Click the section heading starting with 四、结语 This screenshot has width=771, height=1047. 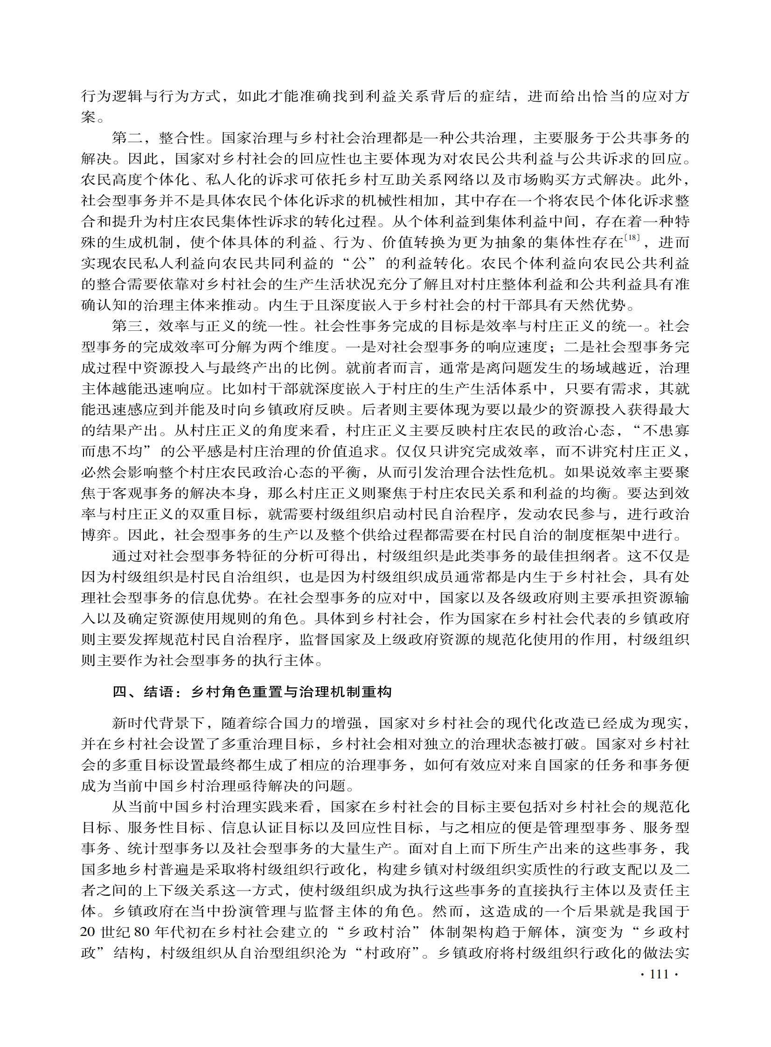(x=252, y=692)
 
